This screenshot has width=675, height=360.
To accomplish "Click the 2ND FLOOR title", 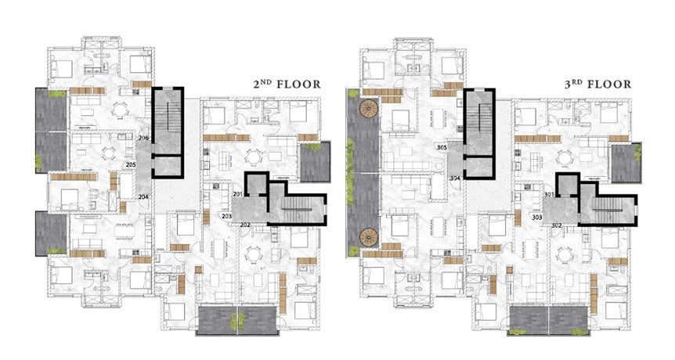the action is (x=287, y=84).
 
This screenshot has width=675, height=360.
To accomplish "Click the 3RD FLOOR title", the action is (x=598, y=84).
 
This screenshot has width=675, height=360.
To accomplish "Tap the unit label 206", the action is (x=144, y=138).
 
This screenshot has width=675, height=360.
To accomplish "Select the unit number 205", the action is (x=131, y=164).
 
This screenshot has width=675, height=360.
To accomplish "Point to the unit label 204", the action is (x=144, y=196).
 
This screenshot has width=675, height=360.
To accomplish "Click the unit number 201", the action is (x=237, y=194).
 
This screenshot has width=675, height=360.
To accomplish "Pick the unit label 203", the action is (x=227, y=216).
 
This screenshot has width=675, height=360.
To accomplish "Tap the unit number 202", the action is (x=245, y=225).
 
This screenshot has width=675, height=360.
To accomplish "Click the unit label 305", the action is (x=442, y=148).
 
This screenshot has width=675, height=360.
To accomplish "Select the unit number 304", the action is (x=455, y=178).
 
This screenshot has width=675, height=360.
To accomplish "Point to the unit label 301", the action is (x=549, y=194).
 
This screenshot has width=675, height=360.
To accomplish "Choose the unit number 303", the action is (x=537, y=218).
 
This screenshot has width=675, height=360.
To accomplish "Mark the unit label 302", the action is (x=556, y=225).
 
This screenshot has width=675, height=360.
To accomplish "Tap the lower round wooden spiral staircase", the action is (x=369, y=237).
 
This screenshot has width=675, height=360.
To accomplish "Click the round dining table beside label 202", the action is (x=253, y=255).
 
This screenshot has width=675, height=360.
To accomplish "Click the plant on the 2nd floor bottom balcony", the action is (x=236, y=321).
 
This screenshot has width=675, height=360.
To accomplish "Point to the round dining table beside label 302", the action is (x=565, y=255).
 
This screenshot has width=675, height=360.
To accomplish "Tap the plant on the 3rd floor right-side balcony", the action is (x=637, y=152).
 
